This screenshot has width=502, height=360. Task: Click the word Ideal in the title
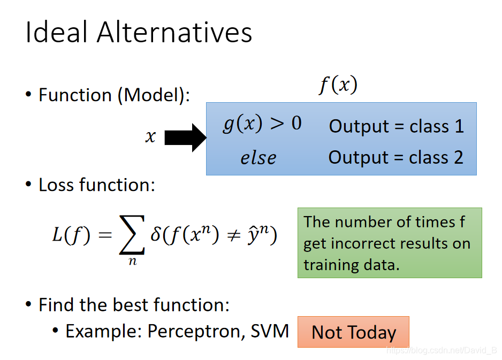point(56,32)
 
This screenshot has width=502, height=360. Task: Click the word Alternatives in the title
point(174,32)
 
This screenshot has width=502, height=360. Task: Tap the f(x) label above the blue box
point(338,85)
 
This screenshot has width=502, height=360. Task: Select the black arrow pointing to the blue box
point(185,137)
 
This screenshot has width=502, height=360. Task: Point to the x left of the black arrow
point(150,136)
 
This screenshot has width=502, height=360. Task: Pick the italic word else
point(258,158)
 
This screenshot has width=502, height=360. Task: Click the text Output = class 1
point(397,126)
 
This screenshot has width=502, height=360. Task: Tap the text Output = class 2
point(395,157)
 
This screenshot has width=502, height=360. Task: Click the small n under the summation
point(133,262)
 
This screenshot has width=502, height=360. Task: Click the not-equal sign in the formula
point(233,235)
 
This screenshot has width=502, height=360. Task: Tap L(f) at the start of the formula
point(71,235)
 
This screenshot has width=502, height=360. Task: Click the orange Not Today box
point(353,332)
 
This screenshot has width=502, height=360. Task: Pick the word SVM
point(270,331)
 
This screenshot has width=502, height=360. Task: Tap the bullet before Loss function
point(28,185)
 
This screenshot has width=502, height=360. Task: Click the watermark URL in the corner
point(442,350)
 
